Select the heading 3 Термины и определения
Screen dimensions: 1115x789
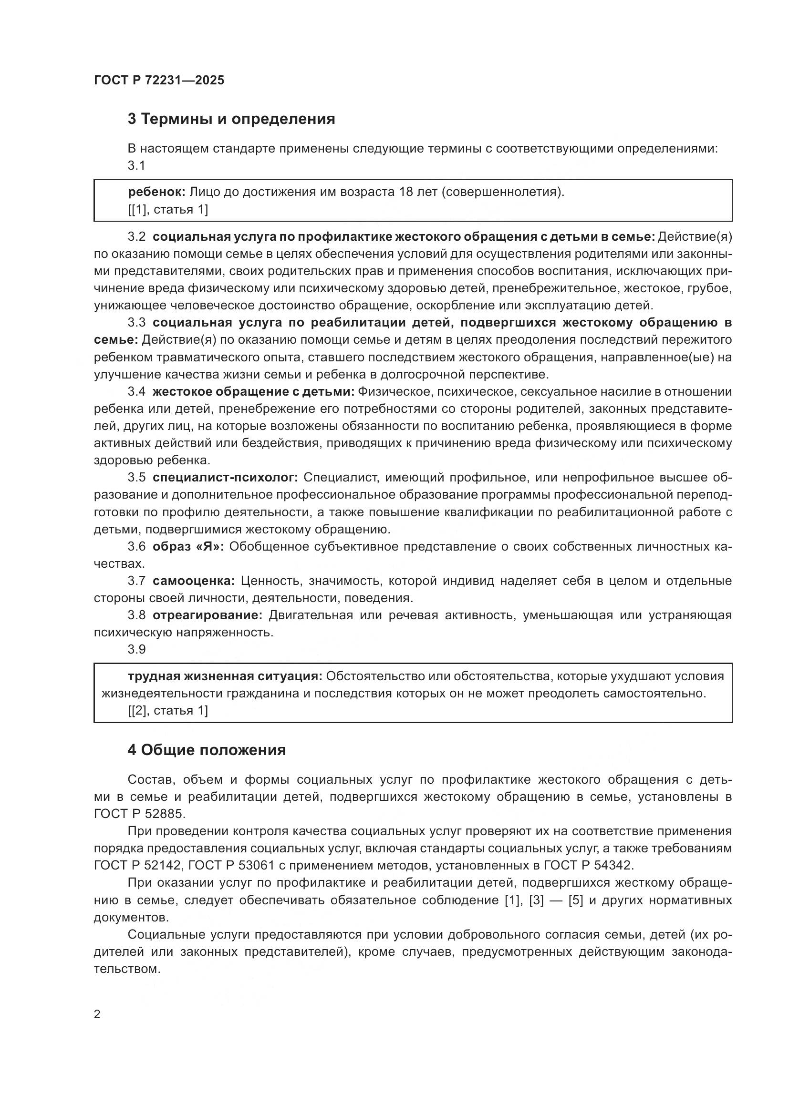(x=231, y=119)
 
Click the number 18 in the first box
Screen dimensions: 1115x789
(x=405, y=192)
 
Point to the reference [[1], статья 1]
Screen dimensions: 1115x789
(x=168, y=210)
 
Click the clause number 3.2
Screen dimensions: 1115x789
(x=136, y=237)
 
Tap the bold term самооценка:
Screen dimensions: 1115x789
(x=194, y=581)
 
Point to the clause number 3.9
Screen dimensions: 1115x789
(x=136, y=650)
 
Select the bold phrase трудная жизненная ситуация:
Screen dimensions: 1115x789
(x=225, y=676)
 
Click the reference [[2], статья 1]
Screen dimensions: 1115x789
(x=168, y=711)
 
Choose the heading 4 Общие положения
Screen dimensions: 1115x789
(x=207, y=750)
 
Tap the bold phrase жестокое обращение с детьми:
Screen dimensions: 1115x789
(x=254, y=392)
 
